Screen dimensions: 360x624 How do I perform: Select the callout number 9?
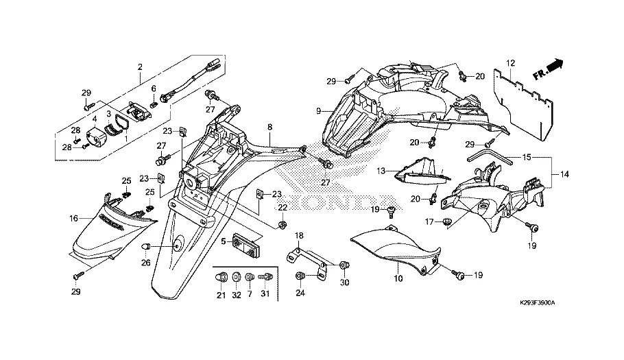click(x=319, y=111)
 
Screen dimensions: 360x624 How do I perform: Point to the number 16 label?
click(x=73, y=219)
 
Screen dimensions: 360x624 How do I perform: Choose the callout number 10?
click(x=398, y=279)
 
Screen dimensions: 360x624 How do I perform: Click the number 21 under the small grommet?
click(x=221, y=296)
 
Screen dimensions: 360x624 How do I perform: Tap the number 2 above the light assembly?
click(x=140, y=67)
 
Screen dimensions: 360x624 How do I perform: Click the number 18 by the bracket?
click(x=298, y=236)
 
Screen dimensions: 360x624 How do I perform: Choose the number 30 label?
click(x=344, y=283)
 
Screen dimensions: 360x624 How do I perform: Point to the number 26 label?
click(x=145, y=262)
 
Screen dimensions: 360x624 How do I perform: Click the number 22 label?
click(x=282, y=208)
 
